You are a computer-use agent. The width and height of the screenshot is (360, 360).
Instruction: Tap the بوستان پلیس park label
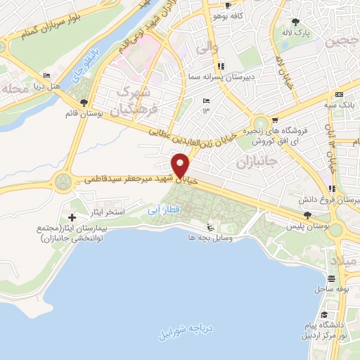point(304,227)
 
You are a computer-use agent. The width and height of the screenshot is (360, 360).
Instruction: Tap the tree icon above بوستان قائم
point(84,103)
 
